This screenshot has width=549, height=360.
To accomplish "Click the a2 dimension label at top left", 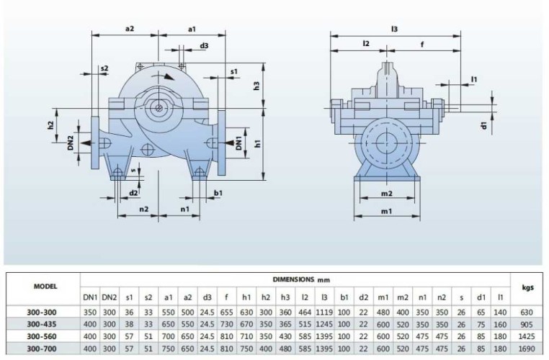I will (130, 29).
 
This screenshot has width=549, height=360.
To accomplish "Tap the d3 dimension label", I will (205, 45).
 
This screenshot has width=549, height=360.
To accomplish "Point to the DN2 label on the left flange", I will (71, 142).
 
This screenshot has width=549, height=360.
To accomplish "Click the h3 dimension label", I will (257, 86).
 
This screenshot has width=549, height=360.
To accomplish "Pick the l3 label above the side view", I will (394, 29).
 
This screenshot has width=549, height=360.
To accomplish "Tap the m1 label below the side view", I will (385, 211).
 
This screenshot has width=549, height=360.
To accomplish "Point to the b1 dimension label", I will (218, 193).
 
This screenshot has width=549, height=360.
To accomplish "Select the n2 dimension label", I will (143, 209).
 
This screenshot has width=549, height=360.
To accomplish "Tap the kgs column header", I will (527, 286).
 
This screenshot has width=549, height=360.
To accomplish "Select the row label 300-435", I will (40, 324).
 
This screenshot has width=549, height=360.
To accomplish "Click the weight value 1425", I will (527, 336).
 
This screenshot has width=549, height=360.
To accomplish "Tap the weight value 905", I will (527, 324).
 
